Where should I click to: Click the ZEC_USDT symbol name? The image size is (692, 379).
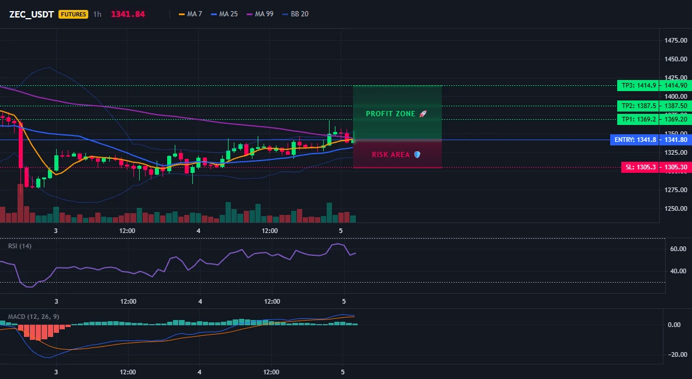coord(32,14)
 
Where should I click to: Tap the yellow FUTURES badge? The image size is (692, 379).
coord(73,14)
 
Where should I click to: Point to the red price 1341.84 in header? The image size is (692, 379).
coord(128,14)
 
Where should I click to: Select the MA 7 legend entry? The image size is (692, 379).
coord(190,14)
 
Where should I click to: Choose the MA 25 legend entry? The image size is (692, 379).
coord(224,14)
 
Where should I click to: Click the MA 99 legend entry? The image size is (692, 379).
coord(260,14)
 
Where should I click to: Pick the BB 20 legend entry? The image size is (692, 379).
coord(295,14)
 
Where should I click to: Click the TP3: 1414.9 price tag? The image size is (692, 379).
coord(639,86)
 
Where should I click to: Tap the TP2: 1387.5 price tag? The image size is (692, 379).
coord(639,106)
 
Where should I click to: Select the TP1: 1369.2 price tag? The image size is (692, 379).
coord(639,119)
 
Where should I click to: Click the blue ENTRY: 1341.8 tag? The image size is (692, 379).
coord(635,140)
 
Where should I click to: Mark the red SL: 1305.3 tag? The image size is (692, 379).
coord(641,167)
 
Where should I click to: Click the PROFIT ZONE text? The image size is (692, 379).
coord(390,114)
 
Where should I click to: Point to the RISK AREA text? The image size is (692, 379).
coord(390,154)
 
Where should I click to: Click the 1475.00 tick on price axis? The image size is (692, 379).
coord(676,41)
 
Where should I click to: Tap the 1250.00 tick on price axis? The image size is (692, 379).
coord(676,208)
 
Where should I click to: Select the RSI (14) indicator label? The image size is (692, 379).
coord(20,246)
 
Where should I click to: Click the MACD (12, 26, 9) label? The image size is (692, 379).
coord(33,317)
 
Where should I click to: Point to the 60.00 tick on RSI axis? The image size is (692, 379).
coord(678,249)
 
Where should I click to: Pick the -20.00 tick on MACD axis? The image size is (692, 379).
coord(677,354)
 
